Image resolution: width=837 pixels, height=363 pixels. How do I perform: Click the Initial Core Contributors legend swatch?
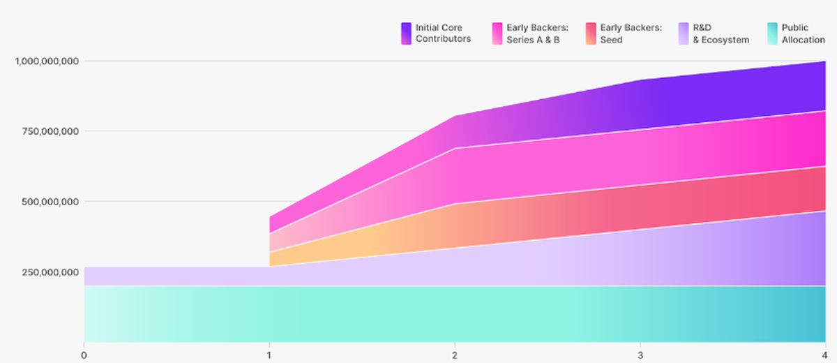point(406,34)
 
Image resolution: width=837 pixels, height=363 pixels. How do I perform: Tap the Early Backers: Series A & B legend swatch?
point(497,34)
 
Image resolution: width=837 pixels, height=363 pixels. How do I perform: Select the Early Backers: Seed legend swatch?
point(590,34)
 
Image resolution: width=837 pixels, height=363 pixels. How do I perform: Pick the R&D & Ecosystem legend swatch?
point(683,34)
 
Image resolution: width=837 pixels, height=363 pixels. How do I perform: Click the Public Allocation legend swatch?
point(772,34)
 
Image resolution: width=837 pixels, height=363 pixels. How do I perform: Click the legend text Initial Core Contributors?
point(443,34)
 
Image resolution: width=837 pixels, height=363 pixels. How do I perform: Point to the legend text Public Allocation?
point(803,34)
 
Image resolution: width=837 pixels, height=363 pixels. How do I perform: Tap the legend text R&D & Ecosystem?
point(721,34)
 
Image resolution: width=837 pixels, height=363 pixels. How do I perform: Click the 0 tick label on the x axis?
point(84,354)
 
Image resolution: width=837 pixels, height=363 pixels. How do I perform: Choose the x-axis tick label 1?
point(269,354)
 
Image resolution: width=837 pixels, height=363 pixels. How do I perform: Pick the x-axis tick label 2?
point(455,354)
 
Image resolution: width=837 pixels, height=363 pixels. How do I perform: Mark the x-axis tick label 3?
point(640,354)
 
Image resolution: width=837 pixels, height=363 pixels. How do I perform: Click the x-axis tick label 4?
point(825,354)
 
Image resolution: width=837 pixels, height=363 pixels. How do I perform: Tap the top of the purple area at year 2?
point(455,117)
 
